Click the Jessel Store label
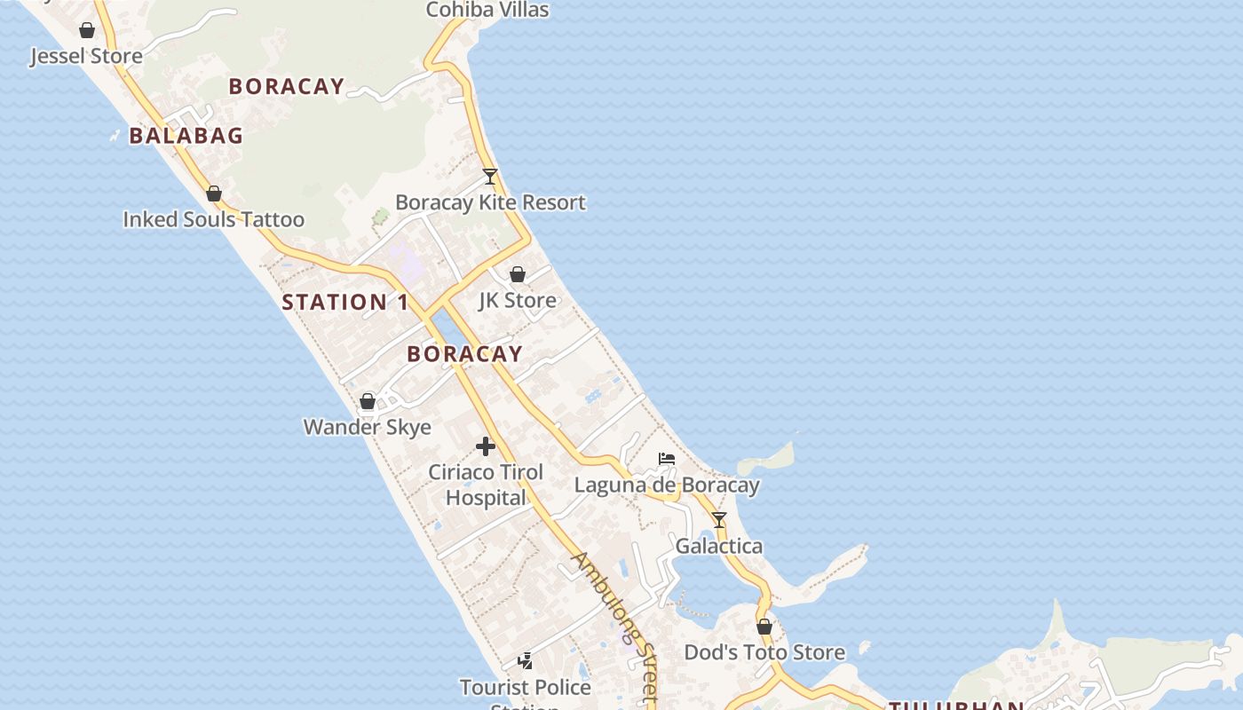86,57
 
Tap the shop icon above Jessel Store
87,31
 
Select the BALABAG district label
186,136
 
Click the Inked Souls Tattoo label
213,219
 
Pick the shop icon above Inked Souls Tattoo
214,193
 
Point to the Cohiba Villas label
487,10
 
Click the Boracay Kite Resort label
490,202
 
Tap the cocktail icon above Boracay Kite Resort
490,176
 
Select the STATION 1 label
345,302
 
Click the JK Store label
518,300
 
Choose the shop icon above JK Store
518,274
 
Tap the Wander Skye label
368,427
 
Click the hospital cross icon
486,446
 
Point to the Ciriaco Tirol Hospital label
486,485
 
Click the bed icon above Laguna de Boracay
667,459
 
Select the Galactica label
719,546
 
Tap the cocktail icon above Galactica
719,520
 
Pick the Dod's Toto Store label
764,652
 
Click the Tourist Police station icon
526,661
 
